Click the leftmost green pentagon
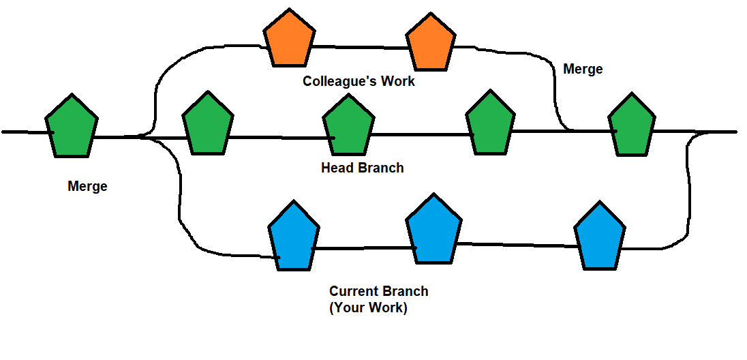point(72,127)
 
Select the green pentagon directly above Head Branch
point(348,127)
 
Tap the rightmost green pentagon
point(631,127)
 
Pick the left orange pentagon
point(290,40)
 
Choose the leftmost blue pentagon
point(294,237)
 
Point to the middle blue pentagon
point(434,230)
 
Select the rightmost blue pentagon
point(599,237)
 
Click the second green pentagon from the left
point(209,127)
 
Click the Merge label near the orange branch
point(583,70)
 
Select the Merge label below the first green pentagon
point(87,186)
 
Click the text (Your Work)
point(368,307)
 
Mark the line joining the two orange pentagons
point(359,47)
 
